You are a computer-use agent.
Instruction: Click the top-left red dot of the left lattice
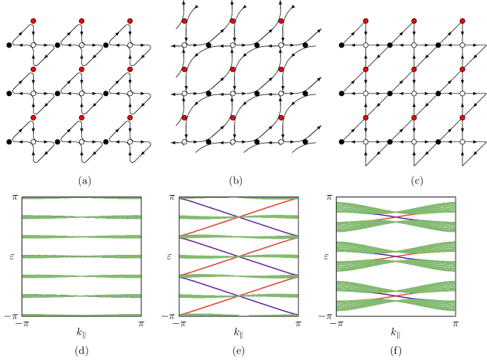[33, 21]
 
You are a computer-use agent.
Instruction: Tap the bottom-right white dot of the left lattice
[130, 141]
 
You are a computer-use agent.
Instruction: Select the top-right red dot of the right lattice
[462, 21]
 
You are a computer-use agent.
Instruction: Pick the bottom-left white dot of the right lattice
[365, 141]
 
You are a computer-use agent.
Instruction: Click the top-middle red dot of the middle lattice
[232, 21]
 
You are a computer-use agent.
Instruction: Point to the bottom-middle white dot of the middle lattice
[232, 141]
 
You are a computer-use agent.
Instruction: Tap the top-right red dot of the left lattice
[130, 21]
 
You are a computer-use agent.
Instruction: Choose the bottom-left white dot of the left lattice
[33, 141]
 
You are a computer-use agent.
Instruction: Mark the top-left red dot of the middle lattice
[184, 21]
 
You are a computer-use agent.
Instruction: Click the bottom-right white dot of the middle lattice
[281, 141]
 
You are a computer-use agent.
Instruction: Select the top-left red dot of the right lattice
[365, 21]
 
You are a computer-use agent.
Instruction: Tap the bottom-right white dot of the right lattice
[462, 141]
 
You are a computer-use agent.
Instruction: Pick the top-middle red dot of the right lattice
[413, 21]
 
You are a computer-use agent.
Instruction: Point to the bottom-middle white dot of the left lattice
[81, 141]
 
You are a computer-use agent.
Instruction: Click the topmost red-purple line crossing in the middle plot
[239, 217]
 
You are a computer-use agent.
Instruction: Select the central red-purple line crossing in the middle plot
[239, 256]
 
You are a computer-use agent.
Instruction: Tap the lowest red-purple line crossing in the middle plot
[239, 296]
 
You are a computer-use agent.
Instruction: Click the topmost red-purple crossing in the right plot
[396, 217]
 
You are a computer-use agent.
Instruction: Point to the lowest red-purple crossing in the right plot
[396, 296]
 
